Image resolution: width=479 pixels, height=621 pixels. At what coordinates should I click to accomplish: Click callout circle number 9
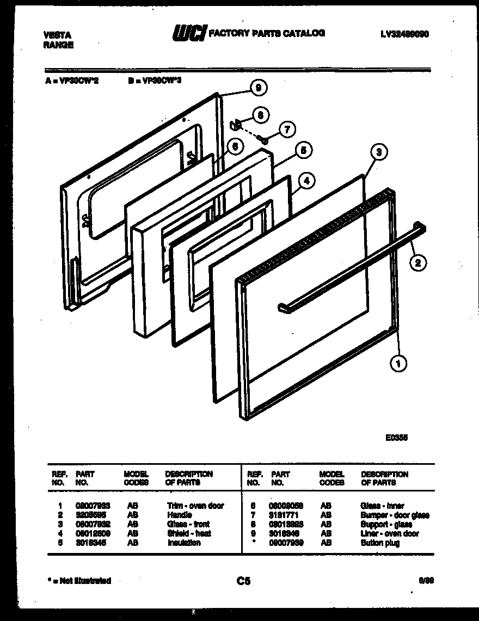coord(259,87)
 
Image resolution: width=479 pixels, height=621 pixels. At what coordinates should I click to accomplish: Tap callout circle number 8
coord(260,115)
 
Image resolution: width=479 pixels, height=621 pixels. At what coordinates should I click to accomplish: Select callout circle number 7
coord(287,129)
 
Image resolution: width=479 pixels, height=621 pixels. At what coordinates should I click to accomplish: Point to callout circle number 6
coord(234,146)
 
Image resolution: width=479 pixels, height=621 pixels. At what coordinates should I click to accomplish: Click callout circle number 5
coord(303,150)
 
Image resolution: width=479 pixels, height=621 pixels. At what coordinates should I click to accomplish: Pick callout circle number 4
coord(306,181)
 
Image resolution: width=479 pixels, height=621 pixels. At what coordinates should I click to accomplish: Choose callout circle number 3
coord(379,152)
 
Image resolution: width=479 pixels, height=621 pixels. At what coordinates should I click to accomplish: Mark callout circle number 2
coord(417,263)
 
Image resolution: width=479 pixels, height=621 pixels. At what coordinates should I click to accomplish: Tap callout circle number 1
coord(399,364)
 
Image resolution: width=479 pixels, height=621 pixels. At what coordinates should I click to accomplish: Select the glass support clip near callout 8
coord(236,125)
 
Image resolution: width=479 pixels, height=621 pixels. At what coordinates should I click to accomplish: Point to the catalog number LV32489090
coord(404,34)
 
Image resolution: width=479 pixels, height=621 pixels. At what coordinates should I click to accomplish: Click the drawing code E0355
coord(397,436)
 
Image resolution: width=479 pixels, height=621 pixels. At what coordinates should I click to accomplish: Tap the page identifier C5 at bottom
coord(243,581)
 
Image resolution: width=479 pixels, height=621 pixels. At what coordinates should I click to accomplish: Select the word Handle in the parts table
coord(180,515)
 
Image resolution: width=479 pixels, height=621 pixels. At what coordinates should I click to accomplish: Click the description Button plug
coord(379,543)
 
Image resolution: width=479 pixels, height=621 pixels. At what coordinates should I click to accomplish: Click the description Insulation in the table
coord(183,543)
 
